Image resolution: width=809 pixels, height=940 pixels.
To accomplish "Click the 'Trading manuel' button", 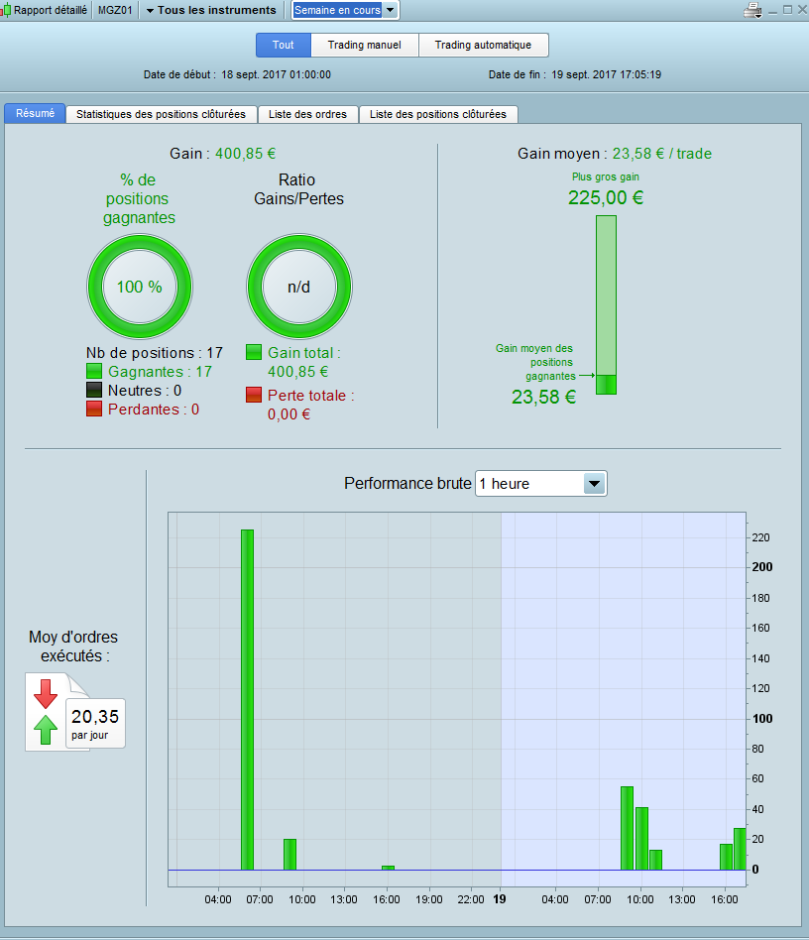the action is point(365,45).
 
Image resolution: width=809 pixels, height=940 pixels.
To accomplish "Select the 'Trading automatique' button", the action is point(483,45).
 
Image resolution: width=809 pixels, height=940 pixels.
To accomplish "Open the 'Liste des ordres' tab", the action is point(308,114).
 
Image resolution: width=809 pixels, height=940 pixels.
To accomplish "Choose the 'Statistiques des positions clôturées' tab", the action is point(162,114).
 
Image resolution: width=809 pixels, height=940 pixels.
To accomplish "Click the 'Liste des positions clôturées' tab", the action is point(438,114).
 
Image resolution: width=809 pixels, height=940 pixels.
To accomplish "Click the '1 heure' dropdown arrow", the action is point(595,484).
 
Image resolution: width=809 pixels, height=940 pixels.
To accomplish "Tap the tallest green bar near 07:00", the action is point(248,699).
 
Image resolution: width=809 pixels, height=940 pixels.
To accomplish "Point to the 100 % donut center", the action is point(140,287).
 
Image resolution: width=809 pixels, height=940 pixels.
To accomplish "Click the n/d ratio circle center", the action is point(299,287).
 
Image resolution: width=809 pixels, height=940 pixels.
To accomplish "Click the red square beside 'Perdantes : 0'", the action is point(94,409).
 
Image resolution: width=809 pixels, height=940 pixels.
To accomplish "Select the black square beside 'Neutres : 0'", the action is point(94,391).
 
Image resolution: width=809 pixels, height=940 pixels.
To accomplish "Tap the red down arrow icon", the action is point(46,694).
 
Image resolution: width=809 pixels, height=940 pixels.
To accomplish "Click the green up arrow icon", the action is point(46,729).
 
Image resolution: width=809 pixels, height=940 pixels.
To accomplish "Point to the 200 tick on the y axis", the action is point(762,567).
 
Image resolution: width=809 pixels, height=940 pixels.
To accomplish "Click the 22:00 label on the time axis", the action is point(470,899).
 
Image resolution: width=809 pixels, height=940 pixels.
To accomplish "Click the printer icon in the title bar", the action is point(752,10).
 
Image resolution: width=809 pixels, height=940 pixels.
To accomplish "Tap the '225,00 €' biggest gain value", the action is point(606,198).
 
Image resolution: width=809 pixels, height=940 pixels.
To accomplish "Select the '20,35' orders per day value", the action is point(95,716).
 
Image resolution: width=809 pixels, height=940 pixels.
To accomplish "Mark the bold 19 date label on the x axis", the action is point(500,899).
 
